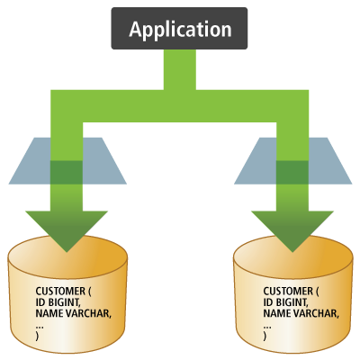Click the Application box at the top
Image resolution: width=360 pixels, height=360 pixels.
(x=179, y=29)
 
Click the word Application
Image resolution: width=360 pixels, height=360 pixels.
(x=179, y=29)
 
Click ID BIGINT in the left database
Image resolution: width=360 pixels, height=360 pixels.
(x=58, y=301)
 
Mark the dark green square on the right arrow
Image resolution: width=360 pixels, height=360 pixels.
(x=292, y=171)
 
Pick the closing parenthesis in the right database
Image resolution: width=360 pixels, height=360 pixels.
(x=265, y=335)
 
